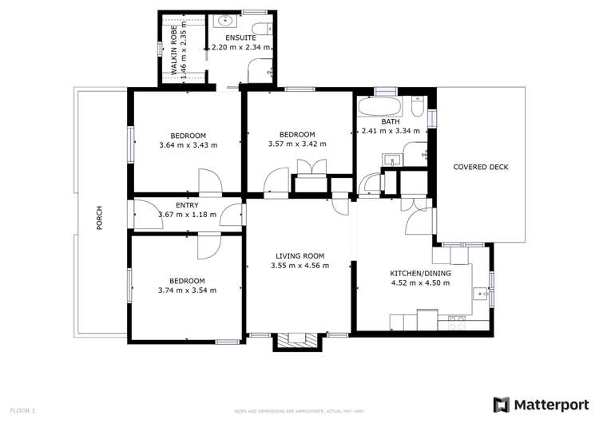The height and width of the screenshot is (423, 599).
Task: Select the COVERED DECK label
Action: click(481, 167)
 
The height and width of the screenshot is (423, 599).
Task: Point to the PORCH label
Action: click(100, 218)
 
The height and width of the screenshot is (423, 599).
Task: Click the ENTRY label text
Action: click(187, 205)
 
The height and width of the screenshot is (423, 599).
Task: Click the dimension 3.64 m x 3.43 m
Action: click(188, 145)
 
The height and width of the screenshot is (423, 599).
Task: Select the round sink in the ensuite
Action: click(225, 21)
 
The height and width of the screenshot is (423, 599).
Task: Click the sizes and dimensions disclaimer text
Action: click(299, 411)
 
